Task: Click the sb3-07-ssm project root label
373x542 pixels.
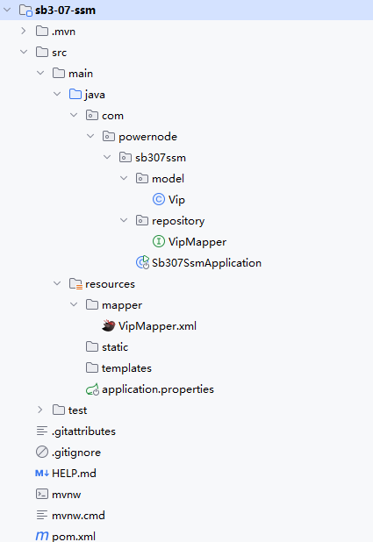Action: (65, 11)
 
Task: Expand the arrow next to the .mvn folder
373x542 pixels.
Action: (24, 31)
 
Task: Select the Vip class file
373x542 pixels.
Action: (176, 200)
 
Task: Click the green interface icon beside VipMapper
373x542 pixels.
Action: (159, 241)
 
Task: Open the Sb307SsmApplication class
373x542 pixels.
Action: (206, 263)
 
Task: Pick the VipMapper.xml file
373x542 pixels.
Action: (157, 326)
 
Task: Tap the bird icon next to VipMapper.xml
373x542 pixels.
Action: (108, 325)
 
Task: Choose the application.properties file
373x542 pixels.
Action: (158, 389)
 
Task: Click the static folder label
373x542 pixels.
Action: (115, 347)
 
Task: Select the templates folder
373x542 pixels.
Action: (126, 368)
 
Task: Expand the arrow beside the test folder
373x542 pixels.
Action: (40, 410)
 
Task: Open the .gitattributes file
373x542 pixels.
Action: (83, 431)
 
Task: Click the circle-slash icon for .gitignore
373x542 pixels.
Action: (42, 452)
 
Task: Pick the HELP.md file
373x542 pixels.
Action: (74, 474)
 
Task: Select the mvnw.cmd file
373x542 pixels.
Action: (78, 516)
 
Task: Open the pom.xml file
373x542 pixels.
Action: (74, 537)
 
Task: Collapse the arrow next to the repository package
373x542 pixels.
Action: (124, 220)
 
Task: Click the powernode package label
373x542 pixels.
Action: (147, 137)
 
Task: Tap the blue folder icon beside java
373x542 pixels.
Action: (75, 94)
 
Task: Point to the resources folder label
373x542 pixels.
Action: (110, 284)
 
